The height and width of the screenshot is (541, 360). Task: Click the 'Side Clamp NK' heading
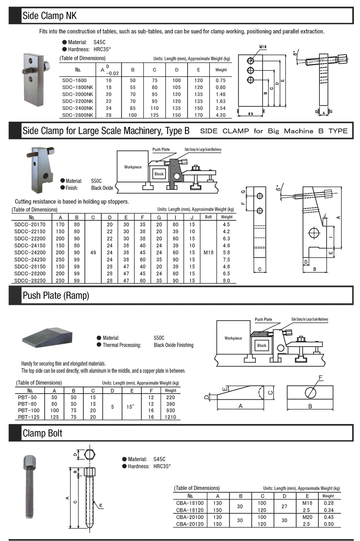(x=50, y=16)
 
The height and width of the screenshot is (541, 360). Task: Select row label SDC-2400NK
(x=77, y=108)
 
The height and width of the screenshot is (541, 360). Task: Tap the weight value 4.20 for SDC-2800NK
(x=221, y=115)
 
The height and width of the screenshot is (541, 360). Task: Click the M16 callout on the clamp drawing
(x=263, y=47)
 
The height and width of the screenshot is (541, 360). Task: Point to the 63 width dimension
(x=250, y=114)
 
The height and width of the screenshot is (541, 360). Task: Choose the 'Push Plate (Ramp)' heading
(x=56, y=296)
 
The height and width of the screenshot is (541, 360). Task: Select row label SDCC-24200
(x=30, y=252)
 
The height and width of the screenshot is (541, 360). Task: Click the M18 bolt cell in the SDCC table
(x=208, y=252)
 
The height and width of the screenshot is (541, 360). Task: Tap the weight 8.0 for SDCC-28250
(x=226, y=281)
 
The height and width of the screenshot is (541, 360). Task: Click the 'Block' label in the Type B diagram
(x=159, y=174)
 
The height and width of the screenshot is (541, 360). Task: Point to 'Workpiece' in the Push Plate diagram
(x=233, y=338)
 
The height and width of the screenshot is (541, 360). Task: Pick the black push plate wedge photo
(x=47, y=337)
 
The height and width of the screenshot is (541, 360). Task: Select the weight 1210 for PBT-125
(x=170, y=417)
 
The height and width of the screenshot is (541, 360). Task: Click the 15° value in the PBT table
(x=130, y=407)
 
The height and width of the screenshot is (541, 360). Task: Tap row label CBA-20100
(x=190, y=517)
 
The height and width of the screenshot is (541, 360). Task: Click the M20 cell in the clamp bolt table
(x=307, y=517)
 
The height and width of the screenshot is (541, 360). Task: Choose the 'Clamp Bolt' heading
(x=42, y=433)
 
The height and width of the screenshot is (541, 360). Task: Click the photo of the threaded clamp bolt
(x=31, y=487)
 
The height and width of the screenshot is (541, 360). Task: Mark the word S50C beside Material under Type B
(x=96, y=181)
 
